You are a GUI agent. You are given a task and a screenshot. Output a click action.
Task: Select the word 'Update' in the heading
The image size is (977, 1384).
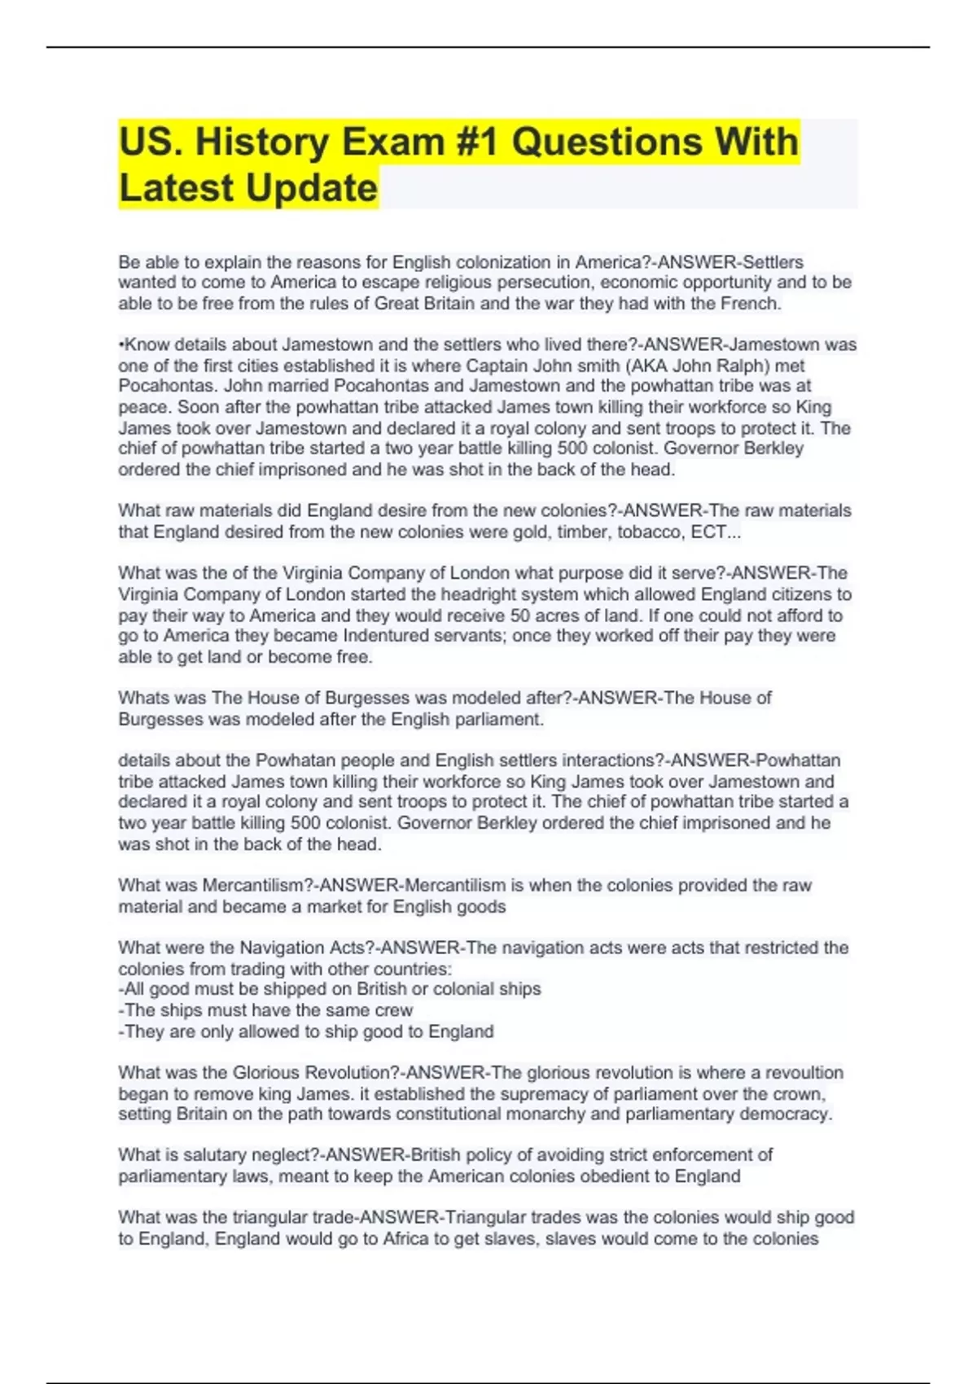311,188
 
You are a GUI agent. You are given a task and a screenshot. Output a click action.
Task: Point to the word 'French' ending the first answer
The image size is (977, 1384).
749,304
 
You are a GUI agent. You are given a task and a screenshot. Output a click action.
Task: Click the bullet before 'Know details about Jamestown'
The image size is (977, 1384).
121,345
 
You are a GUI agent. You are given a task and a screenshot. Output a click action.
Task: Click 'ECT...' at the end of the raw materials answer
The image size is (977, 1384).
716,532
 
